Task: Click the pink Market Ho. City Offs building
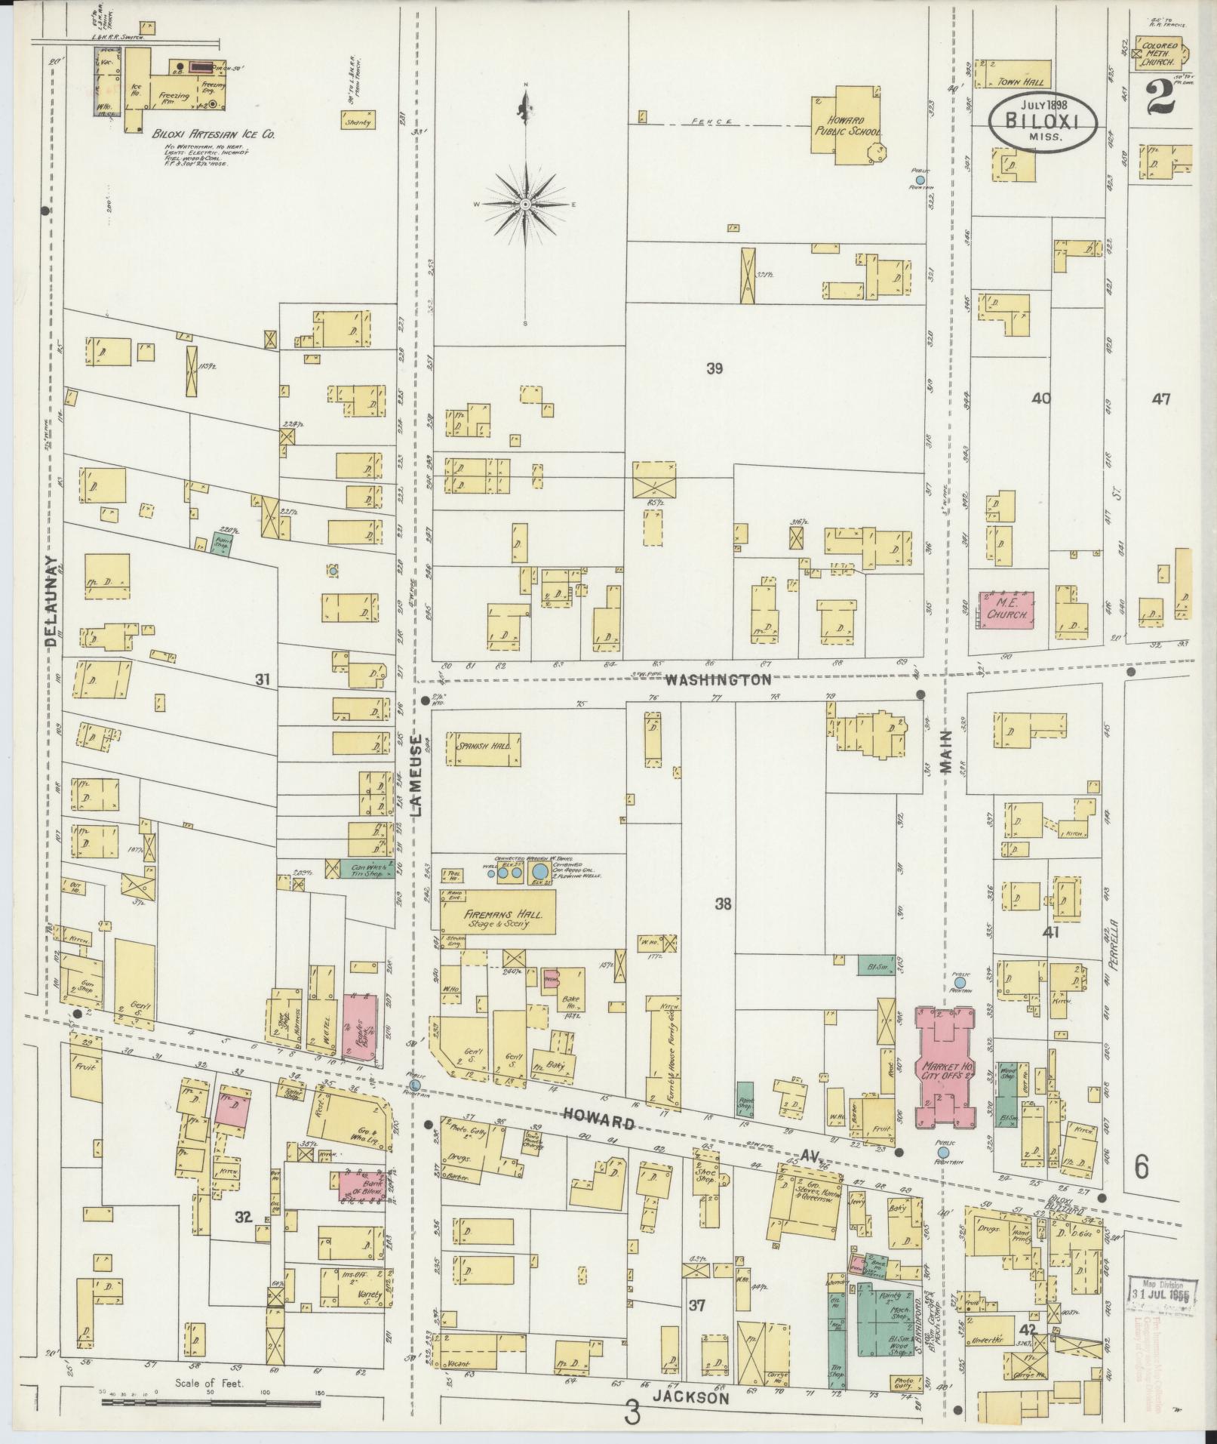click(x=943, y=1069)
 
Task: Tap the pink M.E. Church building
click(x=1006, y=611)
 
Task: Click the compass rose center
click(x=525, y=205)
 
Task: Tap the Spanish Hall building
click(x=484, y=749)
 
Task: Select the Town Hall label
click(x=1013, y=81)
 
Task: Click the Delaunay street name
click(x=51, y=602)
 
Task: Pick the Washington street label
click(x=718, y=680)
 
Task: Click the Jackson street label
click(x=691, y=1398)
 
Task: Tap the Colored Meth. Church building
click(x=1158, y=54)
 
